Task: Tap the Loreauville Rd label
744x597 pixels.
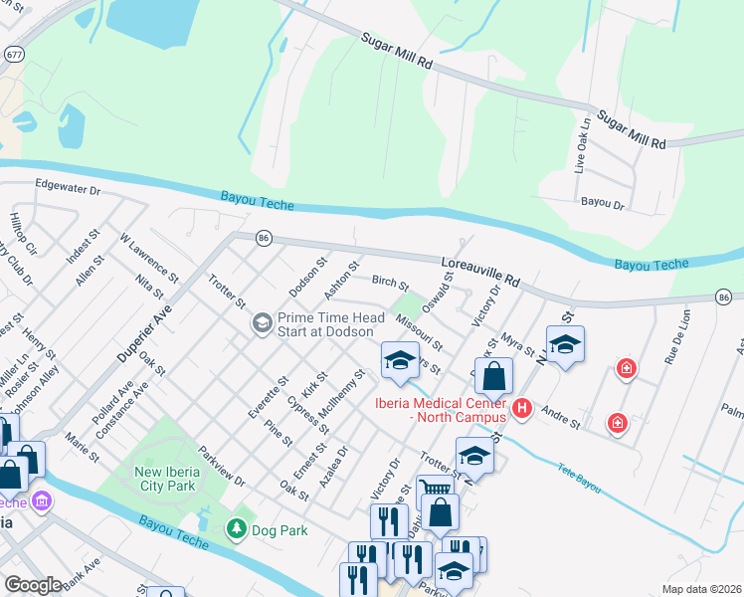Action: [x=480, y=269]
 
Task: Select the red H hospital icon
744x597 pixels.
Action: [x=520, y=408]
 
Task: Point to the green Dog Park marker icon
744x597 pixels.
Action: [x=237, y=529]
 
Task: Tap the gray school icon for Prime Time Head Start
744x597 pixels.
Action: [x=262, y=321]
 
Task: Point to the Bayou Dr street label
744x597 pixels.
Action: [x=602, y=203]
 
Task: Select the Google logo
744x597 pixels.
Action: [x=33, y=585]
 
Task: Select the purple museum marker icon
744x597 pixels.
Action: [x=41, y=500]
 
